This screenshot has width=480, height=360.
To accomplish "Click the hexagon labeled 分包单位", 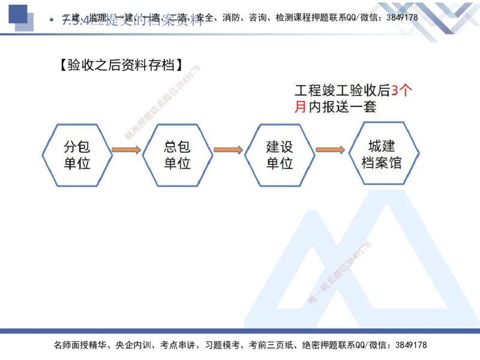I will point(77,154).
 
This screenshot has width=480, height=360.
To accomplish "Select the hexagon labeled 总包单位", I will point(178,154).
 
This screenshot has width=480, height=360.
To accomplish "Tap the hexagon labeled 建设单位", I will point(280,154).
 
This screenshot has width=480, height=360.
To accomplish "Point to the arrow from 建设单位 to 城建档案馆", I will point(330,149).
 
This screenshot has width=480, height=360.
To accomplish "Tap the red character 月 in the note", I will point(300,107).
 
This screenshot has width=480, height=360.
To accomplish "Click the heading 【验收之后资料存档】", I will point(121,65).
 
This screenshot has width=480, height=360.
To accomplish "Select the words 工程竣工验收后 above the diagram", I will point(342,91).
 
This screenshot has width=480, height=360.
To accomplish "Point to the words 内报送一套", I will point(342,107).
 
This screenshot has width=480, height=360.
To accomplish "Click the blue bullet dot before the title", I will point(51,20).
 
